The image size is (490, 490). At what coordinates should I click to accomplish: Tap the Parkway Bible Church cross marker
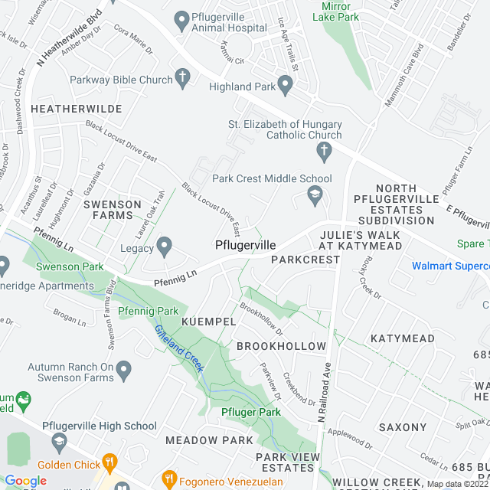point(182,77)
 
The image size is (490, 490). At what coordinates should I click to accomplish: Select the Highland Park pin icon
point(286,86)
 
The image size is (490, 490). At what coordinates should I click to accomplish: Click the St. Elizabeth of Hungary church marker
point(324,152)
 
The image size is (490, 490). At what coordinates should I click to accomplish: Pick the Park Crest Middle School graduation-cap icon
point(313,198)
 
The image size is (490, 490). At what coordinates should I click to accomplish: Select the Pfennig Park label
point(148,311)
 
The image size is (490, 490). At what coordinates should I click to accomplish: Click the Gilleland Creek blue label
point(178,349)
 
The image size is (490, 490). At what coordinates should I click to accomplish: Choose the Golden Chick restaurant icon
point(110,462)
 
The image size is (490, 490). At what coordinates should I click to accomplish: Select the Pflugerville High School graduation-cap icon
point(59,443)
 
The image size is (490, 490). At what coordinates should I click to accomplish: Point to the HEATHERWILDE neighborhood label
point(77,109)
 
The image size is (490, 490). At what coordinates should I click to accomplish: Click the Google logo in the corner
point(24,480)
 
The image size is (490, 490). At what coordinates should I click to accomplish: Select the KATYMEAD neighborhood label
point(402,338)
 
